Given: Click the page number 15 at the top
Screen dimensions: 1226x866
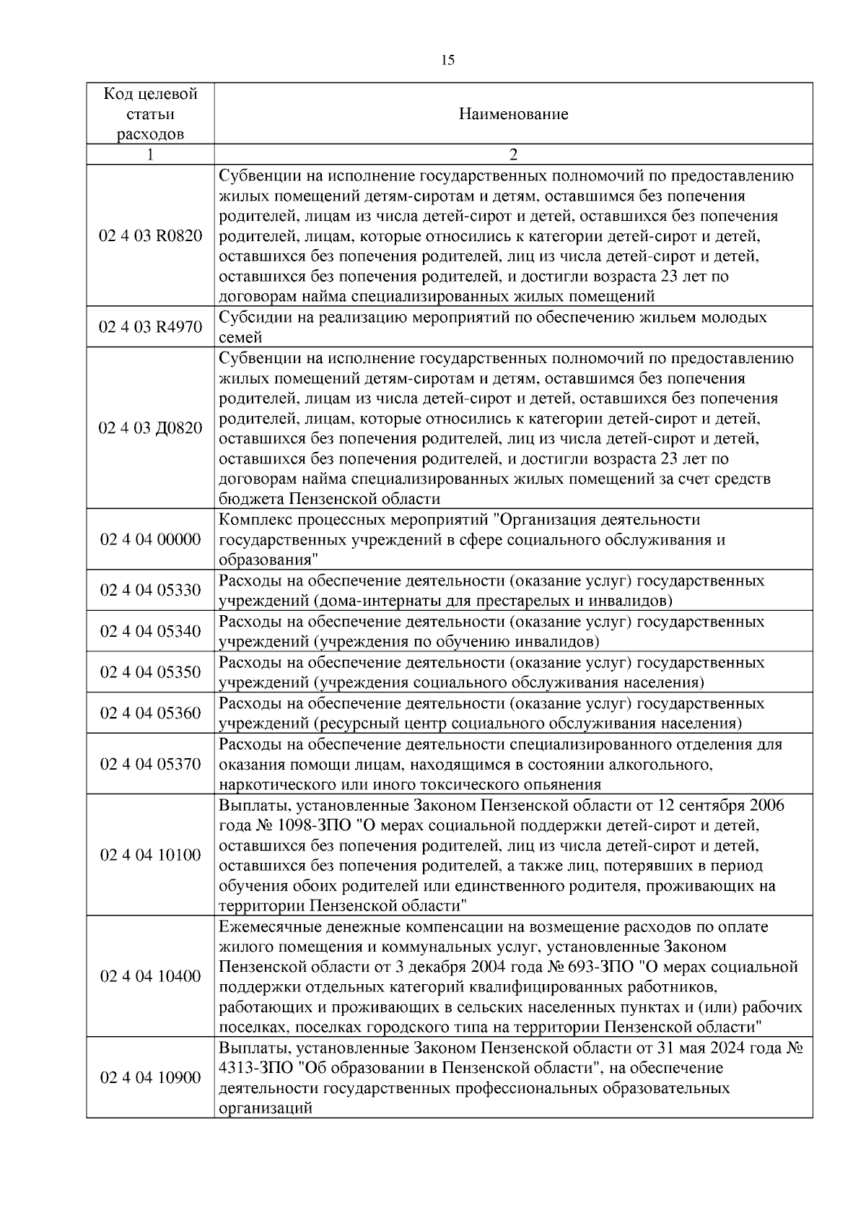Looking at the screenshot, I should [447, 60].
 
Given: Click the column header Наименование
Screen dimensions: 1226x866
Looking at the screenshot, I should [513, 114].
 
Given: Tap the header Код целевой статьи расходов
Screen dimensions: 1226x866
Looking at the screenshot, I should [150, 114].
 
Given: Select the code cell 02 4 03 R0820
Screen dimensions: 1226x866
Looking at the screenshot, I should [150, 236].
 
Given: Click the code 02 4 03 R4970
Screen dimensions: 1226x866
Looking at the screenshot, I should [150, 327].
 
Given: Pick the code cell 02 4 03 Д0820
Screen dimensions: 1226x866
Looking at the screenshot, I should [150, 428].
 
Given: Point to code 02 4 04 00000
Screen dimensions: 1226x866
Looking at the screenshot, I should [150, 539].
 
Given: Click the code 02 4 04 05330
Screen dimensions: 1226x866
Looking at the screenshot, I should [150, 591].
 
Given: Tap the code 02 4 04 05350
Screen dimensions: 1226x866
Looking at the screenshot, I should [150, 672].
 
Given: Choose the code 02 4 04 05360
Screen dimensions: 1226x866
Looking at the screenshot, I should [150, 713].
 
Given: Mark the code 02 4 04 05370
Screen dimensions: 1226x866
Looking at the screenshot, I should [150, 764].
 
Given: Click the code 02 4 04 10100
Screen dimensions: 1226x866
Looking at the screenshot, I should [150, 855].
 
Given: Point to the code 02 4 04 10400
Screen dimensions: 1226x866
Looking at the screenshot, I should [150, 976].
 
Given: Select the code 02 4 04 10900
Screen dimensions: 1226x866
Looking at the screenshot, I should [150, 1077].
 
